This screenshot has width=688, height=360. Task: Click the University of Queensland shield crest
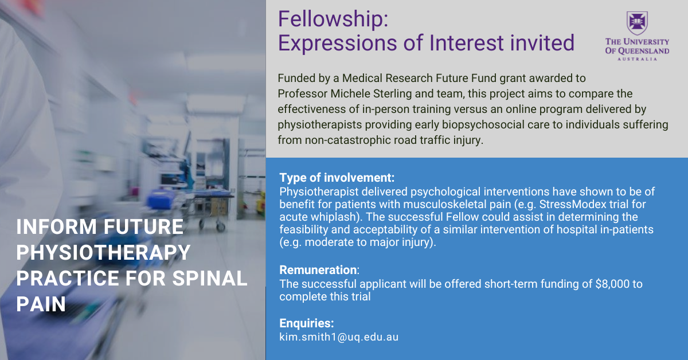(x=638, y=23)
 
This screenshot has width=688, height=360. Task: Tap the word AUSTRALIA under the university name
(x=638, y=59)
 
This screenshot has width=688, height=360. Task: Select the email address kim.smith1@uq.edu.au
(x=339, y=337)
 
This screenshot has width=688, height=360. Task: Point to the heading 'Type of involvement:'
(x=337, y=178)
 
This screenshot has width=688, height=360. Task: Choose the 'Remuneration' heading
(x=318, y=269)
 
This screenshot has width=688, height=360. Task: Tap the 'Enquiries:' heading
(x=307, y=323)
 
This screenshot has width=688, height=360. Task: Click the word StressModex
(x=573, y=204)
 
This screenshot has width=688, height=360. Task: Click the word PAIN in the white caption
(x=41, y=304)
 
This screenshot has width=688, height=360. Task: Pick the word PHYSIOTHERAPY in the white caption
(x=104, y=252)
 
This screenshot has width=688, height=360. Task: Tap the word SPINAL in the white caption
(x=209, y=278)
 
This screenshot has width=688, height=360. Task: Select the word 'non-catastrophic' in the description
(x=347, y=140)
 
